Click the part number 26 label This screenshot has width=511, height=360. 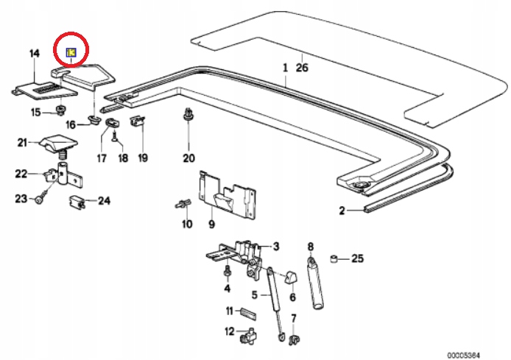[x=300, y=69]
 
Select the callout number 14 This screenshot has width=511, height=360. [x=34, y=53]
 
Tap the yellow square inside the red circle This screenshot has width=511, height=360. [x=71, y=52]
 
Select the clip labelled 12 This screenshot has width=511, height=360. [x=247, y=338]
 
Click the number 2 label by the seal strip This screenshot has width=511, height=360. [x=342, y=211]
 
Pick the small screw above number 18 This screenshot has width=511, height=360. [x=116, y=136]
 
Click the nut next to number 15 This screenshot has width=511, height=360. [x=57, y=111]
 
